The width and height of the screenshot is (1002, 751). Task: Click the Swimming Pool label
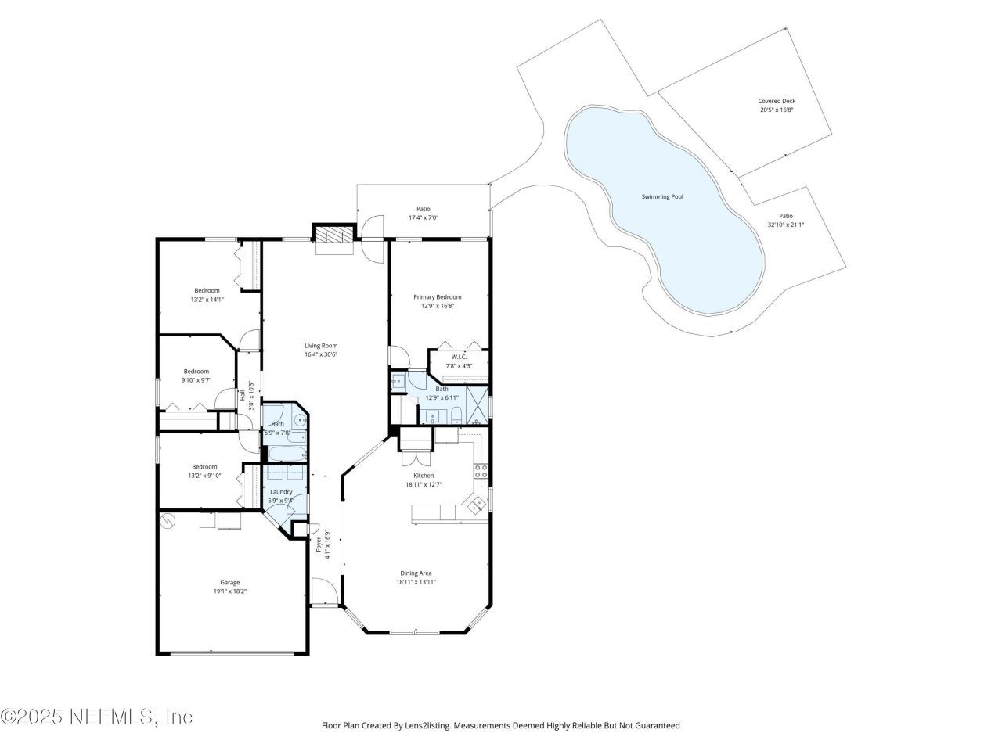662,197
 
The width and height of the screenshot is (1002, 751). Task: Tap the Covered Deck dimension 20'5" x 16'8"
777,110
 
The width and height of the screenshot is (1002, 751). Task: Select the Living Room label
321,345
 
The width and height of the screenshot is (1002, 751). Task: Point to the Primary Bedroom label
438,297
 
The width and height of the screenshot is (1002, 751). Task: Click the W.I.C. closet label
459,357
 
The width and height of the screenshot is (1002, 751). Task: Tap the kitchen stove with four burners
481,471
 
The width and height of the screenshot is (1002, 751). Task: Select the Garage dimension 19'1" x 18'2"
230,592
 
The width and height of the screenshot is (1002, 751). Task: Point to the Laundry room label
281,491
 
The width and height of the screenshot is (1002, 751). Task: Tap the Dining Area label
416,573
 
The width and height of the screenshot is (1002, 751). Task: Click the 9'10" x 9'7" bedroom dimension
196,381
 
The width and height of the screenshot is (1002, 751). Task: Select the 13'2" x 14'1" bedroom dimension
207,300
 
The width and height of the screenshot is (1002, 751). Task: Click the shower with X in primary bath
477,404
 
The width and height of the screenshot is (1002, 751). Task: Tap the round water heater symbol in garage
168,519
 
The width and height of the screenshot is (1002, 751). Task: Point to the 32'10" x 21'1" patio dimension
785,225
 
